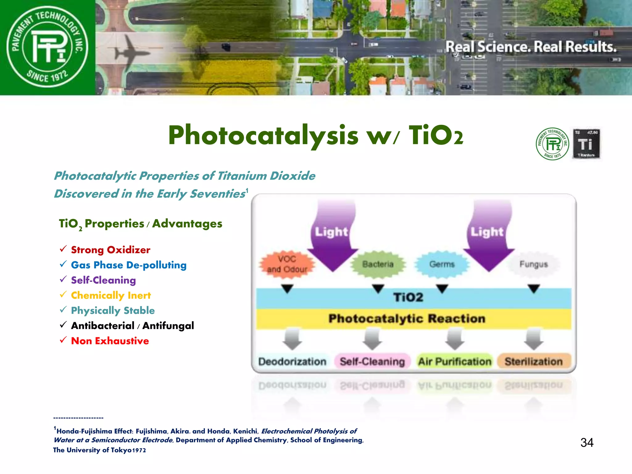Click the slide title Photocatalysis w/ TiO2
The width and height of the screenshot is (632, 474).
315,136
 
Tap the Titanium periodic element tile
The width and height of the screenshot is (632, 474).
586,144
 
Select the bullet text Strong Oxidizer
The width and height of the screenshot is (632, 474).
110,250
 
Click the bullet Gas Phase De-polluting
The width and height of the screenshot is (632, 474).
129,265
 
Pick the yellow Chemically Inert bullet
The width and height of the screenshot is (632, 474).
111,295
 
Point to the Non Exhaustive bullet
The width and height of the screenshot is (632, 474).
110,341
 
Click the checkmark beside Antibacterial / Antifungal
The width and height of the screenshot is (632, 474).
63,325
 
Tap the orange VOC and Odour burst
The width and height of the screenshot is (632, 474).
287,264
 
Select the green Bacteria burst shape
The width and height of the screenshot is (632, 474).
378,264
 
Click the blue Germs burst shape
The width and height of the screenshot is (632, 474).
442,264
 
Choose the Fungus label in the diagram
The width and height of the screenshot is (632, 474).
534,264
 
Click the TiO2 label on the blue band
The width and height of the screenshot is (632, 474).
408,297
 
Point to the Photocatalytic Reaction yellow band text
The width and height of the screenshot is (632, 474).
407,318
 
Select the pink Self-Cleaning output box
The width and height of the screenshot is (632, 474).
372,361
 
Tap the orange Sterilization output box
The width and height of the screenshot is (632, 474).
534,361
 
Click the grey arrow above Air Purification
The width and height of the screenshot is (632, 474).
455,339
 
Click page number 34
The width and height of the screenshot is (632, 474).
587,443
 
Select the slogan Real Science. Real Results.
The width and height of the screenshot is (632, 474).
531,47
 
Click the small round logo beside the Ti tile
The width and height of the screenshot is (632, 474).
552,144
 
